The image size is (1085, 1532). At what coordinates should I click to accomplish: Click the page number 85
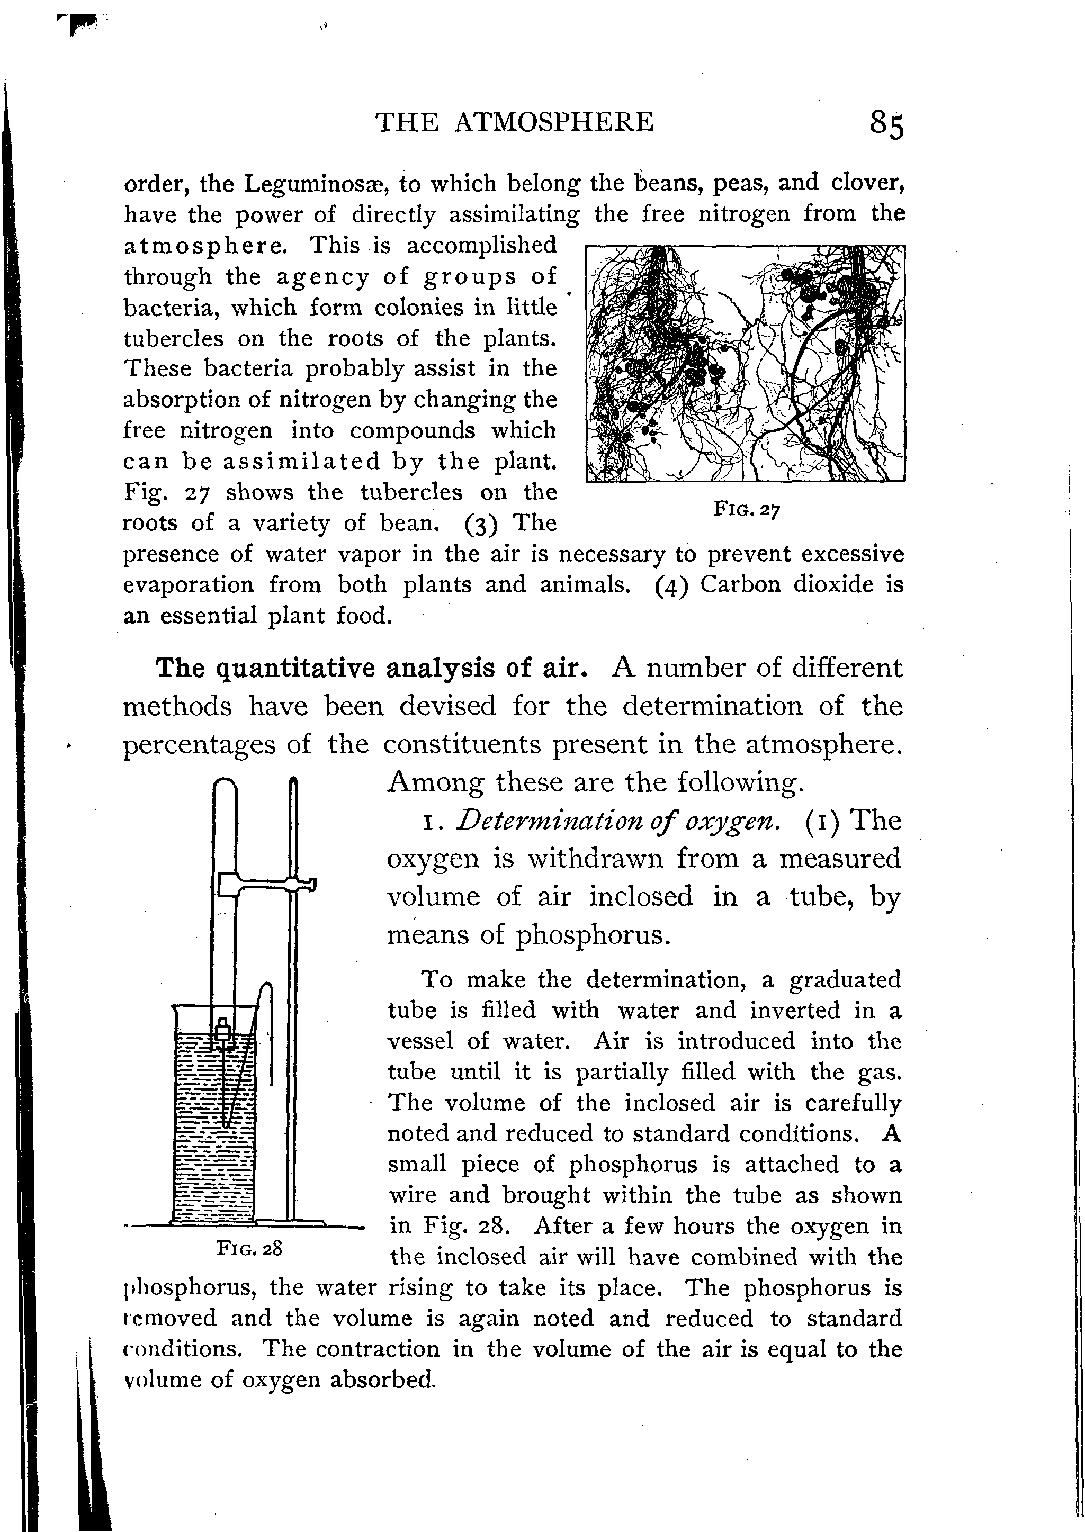(x=886, y=124)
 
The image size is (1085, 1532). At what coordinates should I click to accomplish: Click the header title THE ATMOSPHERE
(x=515, y=122)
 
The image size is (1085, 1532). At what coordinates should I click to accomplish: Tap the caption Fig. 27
(x=746, y=510)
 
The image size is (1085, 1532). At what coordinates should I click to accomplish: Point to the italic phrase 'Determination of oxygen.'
(x=618, y=821)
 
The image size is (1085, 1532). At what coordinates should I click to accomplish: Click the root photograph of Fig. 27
(x=745, y=364)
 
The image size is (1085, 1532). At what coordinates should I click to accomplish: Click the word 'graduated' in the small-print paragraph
(x=845, y=980)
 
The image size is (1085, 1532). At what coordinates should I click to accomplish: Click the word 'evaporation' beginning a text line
(x=189, y=585)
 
